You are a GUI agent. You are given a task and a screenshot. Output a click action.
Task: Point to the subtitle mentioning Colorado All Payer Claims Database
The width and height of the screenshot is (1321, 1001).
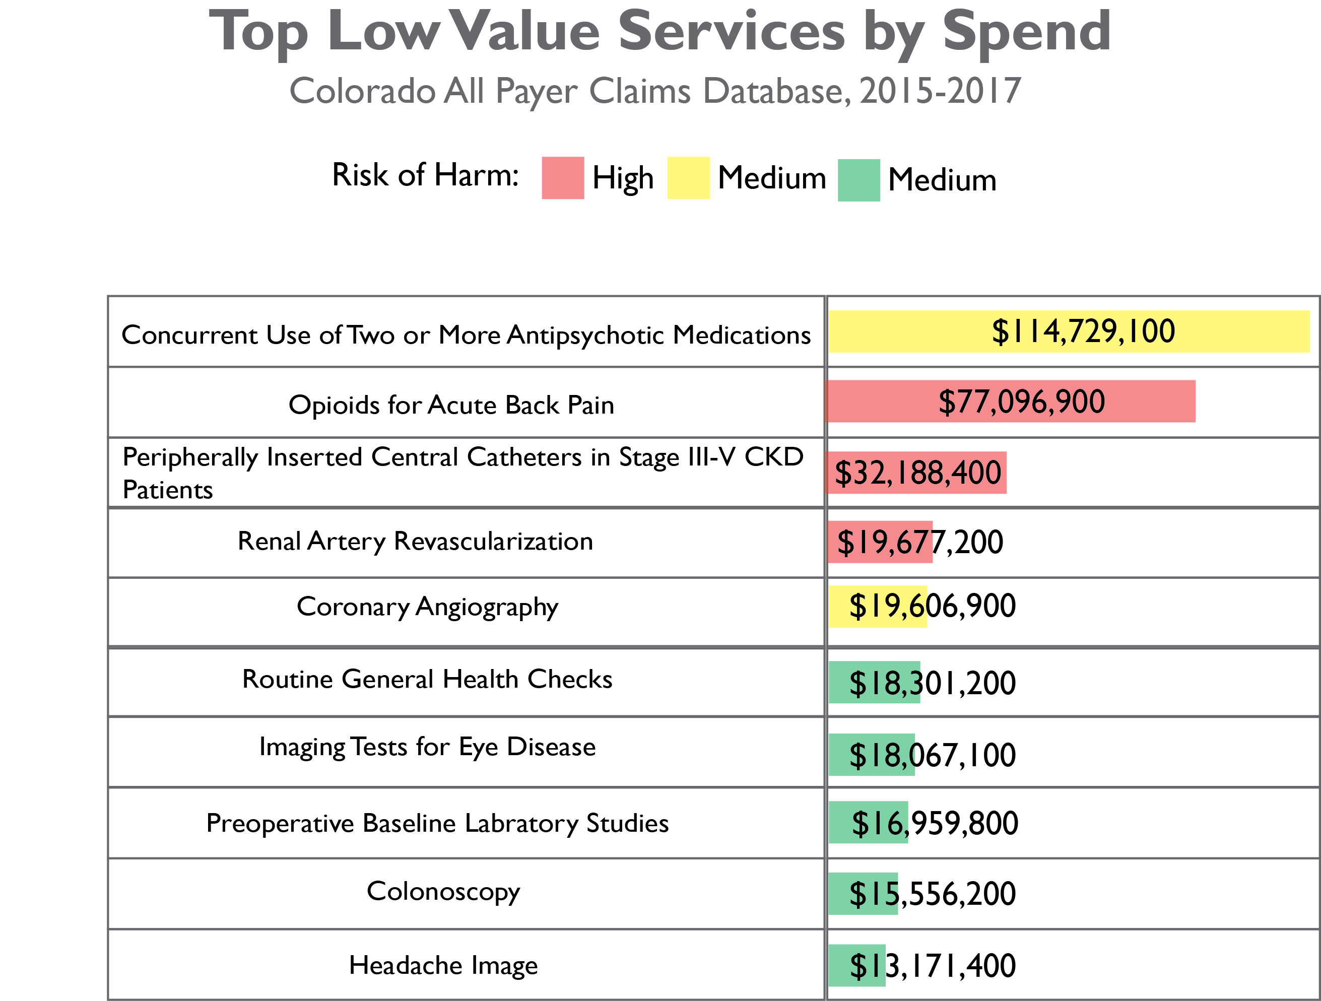tap(654, 91)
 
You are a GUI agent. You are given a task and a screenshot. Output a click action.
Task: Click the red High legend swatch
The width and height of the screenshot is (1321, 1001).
tap(563, 178)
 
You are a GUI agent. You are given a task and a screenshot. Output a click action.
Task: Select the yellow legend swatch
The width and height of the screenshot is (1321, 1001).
tap(688, 178)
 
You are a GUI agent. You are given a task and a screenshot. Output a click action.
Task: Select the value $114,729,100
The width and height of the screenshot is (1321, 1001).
tap(1083, 331)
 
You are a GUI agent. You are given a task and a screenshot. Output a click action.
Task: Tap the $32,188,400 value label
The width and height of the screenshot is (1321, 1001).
tap(917, 473)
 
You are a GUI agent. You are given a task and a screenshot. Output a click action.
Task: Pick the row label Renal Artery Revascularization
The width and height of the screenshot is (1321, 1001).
tap(415, 542)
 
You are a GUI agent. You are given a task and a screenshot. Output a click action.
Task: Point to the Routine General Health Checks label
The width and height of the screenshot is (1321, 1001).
tap(427, 680)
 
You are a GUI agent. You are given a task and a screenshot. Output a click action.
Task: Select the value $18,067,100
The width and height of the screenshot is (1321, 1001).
tap(932, 755)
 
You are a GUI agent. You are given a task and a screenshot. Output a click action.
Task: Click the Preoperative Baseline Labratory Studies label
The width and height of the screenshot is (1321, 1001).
tap(437, 824)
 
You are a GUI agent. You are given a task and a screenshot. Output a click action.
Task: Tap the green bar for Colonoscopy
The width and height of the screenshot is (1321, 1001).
tap(863, 894)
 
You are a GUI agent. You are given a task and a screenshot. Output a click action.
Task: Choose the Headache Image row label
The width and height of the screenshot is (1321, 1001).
tap(443, 965)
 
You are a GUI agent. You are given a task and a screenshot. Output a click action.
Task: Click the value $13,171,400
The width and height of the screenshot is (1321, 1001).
tap(932, 966)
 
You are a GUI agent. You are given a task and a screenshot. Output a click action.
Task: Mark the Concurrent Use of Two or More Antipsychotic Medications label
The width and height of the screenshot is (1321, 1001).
tap(466, 335)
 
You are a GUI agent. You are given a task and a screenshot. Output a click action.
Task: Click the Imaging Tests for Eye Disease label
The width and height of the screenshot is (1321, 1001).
tap(427, 747)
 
